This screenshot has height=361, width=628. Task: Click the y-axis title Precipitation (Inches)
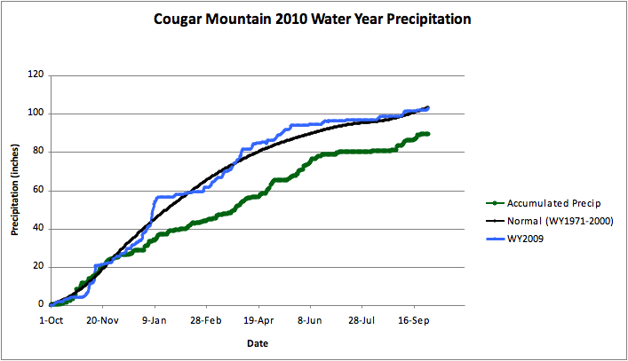[15, 190]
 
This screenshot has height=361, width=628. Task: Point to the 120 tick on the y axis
[36, 75]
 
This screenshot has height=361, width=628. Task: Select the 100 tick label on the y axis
[36, 114]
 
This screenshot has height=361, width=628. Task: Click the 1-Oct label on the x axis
[51, 318]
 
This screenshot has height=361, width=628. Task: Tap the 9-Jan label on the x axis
[154, 318]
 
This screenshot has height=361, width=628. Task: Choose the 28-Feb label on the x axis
[205, 318]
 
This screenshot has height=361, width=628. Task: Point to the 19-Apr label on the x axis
[258, 318]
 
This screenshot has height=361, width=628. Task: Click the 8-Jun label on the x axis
[310, 318]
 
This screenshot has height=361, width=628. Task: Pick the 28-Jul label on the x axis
[362, 318]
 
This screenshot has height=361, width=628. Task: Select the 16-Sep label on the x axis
[414, 318]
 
